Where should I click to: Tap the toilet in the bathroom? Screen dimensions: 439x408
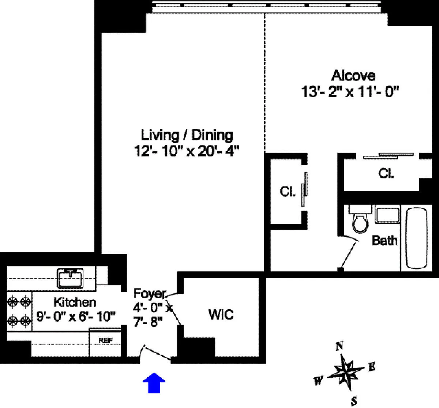[360, 219]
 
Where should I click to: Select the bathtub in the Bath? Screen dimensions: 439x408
[416, 238]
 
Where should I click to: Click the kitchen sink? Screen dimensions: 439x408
[70, 278]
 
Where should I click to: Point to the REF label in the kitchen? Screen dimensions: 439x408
[105, 340]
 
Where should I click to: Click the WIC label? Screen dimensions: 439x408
[221, 314]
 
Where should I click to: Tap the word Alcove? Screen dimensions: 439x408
[353, 76]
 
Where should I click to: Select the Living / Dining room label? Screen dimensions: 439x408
[187, 135]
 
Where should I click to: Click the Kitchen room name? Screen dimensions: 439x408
[75, 302]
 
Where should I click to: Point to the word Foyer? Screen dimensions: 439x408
[150, 294]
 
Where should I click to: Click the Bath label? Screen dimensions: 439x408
[384, 240]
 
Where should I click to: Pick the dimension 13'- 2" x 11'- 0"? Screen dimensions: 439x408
[350, 91]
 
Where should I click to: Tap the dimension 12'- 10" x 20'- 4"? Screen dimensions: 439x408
[187, 151]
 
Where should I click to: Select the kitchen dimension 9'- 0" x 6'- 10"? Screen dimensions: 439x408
[76, 316]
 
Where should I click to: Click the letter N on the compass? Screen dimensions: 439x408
[340, 346]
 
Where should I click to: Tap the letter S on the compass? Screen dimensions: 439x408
[354, 401]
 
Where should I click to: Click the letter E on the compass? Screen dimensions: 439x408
[372, 367]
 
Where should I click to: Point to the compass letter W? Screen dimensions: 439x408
[319, 381]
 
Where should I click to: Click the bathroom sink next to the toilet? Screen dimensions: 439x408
[388, 214]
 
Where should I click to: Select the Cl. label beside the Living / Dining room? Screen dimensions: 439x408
[287, 191]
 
